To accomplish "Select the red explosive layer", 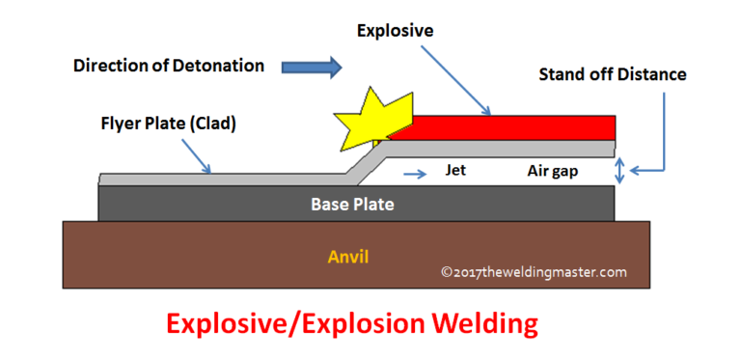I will (x=511, y=126).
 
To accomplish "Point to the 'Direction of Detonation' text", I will (x=169, y=67).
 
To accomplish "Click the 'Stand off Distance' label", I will (x=612, y=74).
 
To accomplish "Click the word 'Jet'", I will (x=456, y=172).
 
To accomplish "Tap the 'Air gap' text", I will (x=553, y=172).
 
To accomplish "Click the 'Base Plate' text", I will (x=352, y=205).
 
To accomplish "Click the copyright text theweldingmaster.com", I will (x=534, y=272).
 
